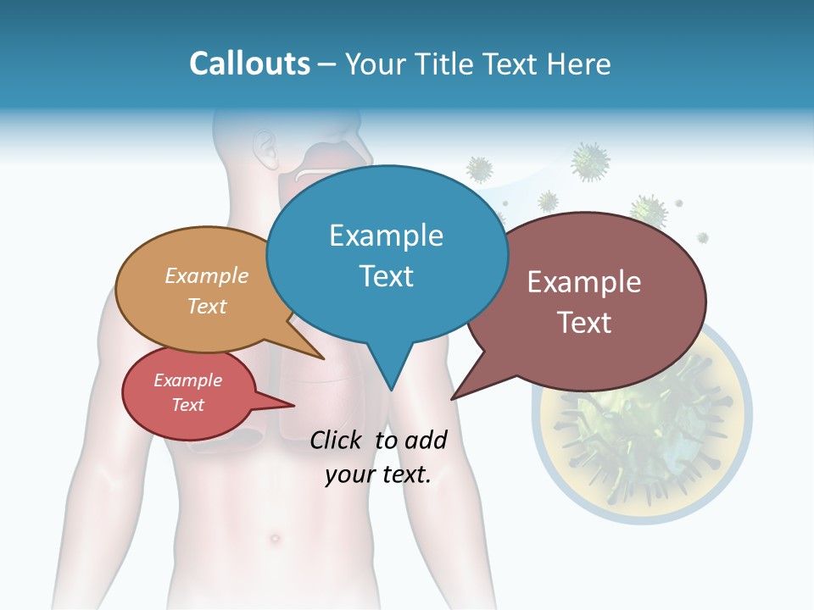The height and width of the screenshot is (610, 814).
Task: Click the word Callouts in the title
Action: tap(249, 64)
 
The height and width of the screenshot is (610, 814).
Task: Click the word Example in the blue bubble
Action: tap(386, 236)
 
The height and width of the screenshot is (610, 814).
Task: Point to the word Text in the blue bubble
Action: tap(386, 276)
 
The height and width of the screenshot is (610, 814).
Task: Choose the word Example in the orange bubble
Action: tap(207, 276)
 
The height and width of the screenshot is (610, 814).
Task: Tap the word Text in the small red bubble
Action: tap(188, 405)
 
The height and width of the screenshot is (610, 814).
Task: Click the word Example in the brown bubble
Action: tap(584, 282)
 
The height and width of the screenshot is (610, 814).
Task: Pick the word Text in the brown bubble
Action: tap(584, 323)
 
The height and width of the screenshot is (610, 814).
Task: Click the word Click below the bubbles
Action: tap(337, 440)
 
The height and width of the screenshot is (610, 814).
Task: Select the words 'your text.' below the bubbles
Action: tap(378, 475)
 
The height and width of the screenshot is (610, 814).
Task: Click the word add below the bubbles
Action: tap(425, 440)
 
